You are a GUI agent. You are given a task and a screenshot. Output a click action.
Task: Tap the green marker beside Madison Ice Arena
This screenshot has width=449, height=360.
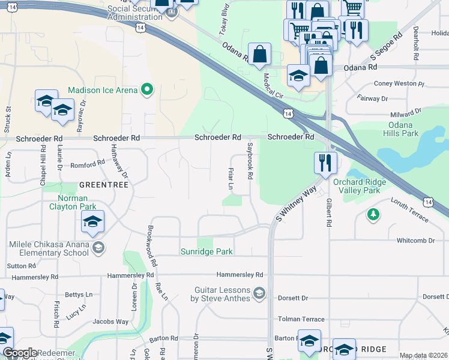pyautogui.click(x=146, y=91)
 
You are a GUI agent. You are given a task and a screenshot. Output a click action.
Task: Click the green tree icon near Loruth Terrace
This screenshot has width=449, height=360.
pyautogui.click(x=373, y=214)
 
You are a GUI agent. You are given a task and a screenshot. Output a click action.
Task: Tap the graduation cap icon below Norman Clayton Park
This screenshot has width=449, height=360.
pyautogui.click(x=92, y=222)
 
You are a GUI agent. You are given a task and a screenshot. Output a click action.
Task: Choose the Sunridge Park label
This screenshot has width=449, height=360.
pyautogui.click(x=206, y=252)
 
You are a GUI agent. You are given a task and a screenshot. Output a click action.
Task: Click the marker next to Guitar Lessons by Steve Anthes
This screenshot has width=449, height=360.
pyautogui.click(x=259, y=293)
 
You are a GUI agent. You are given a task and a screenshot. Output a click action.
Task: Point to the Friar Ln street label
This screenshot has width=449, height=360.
pyautogui.click(x=230, y=178)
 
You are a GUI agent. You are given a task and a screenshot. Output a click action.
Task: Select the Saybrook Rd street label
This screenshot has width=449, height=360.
pyautogui.click(x=250, y=161)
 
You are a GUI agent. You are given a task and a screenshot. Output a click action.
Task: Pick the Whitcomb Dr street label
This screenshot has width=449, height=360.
pyautogui.click(x=415, y=241)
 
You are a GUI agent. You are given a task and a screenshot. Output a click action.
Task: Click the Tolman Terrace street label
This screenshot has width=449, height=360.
pyautogui.click(x=301, y=319)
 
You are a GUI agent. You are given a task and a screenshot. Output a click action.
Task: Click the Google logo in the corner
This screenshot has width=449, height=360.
pyautogui.click(x=20, y=353)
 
